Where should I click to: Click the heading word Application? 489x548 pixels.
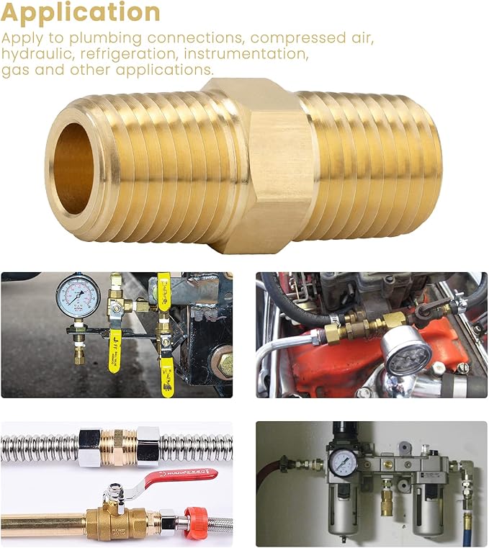click(81, 12)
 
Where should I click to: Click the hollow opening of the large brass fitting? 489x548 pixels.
click(72, 169)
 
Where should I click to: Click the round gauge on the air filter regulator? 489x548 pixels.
click(339, 459)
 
